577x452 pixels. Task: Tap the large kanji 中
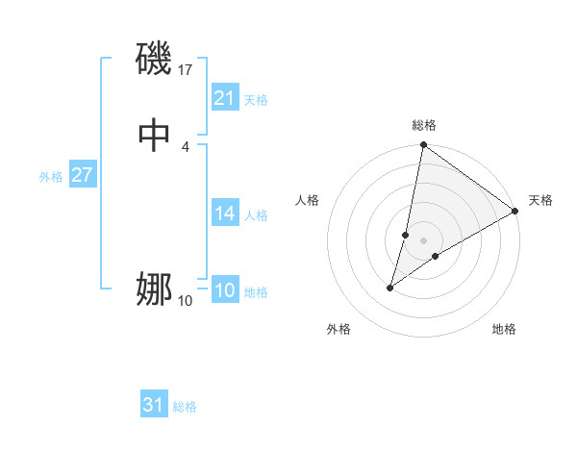(154, 136)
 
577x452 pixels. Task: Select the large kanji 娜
(154, 289)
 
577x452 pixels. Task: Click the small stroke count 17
(186, 70)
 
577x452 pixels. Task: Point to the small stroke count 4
(185, 146)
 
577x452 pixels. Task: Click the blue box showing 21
(224, 98)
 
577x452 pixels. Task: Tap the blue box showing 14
(224, 213)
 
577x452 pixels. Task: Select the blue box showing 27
(82, 176)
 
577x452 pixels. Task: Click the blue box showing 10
(224, 291)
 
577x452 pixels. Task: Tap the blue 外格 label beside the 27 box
(51, 177)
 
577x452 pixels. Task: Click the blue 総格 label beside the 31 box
(185, 407)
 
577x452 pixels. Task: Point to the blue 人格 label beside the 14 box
(256, 215)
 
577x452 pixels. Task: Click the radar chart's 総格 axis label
(424, 126)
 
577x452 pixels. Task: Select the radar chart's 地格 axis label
(504, 329)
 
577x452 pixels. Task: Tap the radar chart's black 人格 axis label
(308, 200)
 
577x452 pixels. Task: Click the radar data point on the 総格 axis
(423, 146)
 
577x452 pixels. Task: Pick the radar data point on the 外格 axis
(390, 288)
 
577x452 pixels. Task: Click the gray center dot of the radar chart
(424, 240)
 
